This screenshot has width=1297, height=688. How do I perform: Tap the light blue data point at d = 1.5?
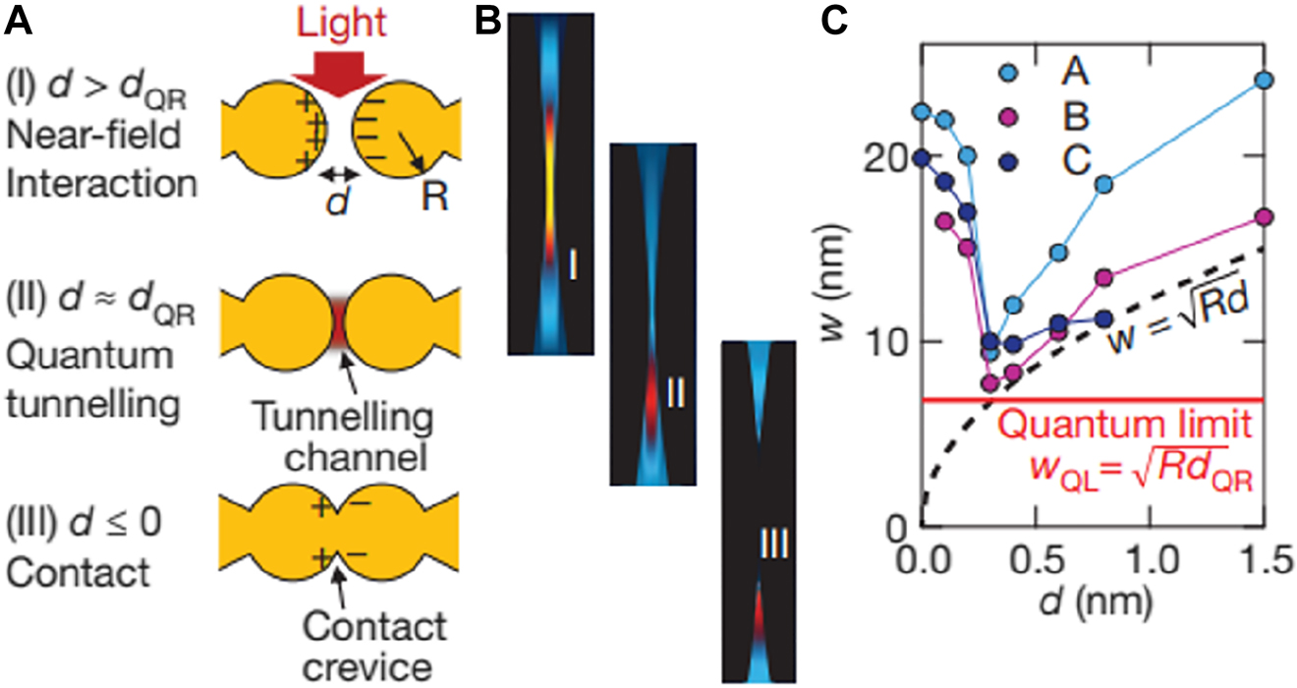pyautogui.click(x=1265, y=80)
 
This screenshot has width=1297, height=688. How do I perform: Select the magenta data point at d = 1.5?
pyautogui.click(x=1265, y=217)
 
